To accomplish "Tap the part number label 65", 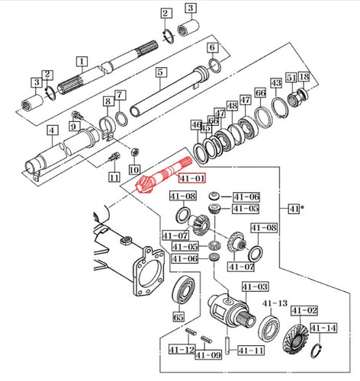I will (179, 315).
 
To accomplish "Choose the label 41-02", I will (303, 311).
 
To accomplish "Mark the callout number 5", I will (160, 72).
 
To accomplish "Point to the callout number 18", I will (304, 77).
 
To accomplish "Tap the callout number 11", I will (114, 178).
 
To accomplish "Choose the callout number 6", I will (212, 47).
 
